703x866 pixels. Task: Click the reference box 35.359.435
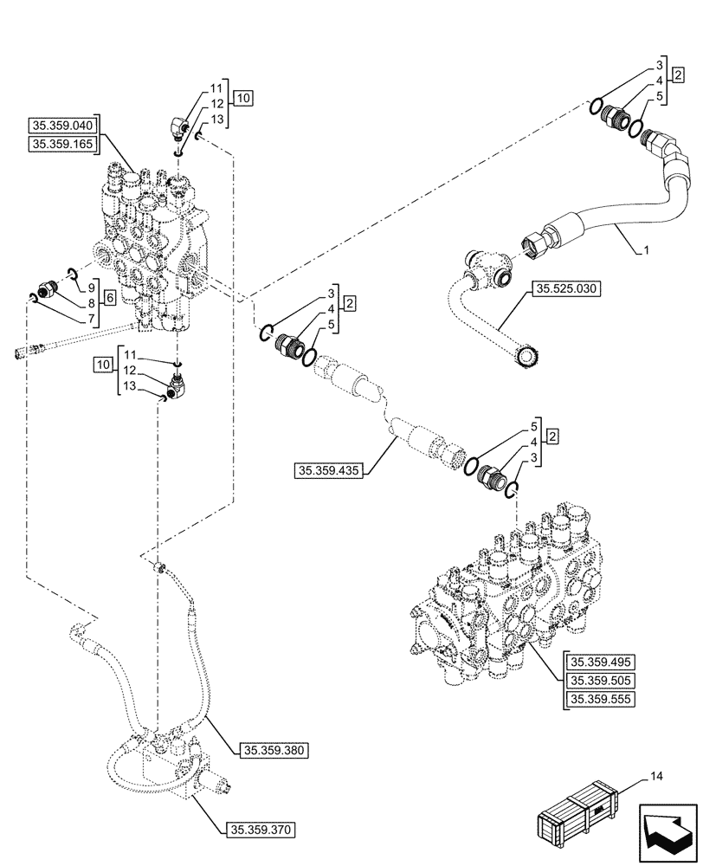click(x=331, y=471)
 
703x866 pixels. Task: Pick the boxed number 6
click(x=110, y=296)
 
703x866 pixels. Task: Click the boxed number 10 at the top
click(x=242, y=99)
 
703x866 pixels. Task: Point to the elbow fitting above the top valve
click(x=179, y=128)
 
